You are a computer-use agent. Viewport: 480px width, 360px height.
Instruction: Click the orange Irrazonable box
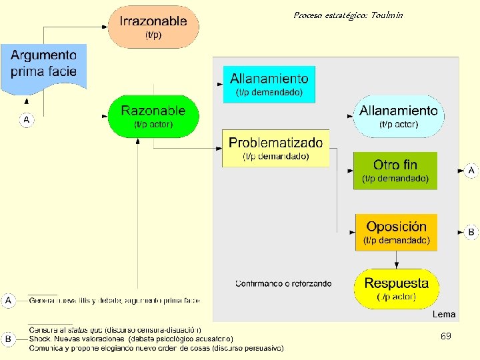[153, 27]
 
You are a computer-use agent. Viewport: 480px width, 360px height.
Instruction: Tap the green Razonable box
[153, 116]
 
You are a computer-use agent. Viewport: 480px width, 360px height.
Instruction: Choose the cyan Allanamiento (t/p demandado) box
[269, 85]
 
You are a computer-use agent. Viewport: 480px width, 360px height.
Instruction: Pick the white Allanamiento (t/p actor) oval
[399, 116]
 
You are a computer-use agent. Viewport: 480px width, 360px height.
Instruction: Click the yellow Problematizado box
[275, 148]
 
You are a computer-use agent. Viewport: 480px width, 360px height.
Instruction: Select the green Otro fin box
[395, 171]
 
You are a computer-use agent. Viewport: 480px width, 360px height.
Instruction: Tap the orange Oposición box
[396, 232]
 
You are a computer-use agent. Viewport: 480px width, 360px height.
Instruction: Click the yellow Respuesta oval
[396, 289]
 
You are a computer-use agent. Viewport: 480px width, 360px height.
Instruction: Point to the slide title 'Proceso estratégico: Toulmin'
[348, 15]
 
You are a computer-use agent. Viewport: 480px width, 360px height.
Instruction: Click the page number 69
[445, 337]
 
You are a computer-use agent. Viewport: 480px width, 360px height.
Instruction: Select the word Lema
[444, 314]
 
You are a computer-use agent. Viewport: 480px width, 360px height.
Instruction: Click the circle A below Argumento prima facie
[27, 120]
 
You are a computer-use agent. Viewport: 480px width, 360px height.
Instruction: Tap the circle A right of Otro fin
[471, 171]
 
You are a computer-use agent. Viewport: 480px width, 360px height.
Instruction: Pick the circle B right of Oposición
[471, 232]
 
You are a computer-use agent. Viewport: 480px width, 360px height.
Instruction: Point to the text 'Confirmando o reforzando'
[283, 283]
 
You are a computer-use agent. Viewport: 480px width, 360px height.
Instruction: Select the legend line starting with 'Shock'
[131, 339]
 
